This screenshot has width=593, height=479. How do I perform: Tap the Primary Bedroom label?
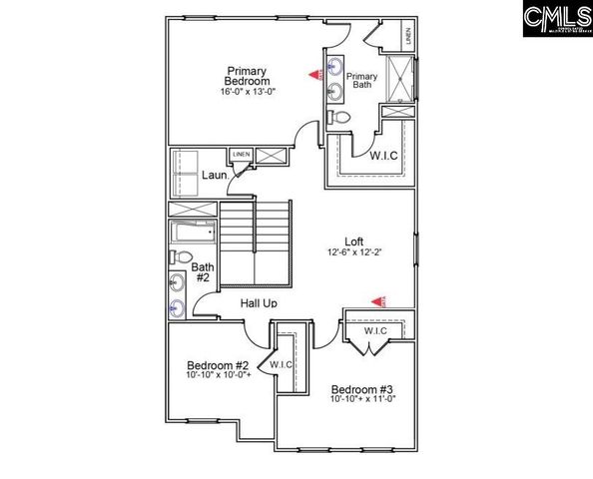[247, 76]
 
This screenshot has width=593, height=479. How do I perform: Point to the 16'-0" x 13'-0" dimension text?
[248, 92]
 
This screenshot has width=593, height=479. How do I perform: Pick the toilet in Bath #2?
[178, 257]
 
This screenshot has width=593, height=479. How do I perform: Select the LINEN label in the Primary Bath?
[409, 35]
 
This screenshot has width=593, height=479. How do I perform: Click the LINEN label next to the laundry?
[241, 155]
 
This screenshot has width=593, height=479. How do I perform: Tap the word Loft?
[353, 241]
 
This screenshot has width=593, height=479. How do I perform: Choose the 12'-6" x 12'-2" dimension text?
[353, 252]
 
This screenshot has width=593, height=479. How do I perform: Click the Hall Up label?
[259, 302]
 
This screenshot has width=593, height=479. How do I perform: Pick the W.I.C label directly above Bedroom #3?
[375, 331]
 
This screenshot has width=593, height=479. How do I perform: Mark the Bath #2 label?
[202, 272]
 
